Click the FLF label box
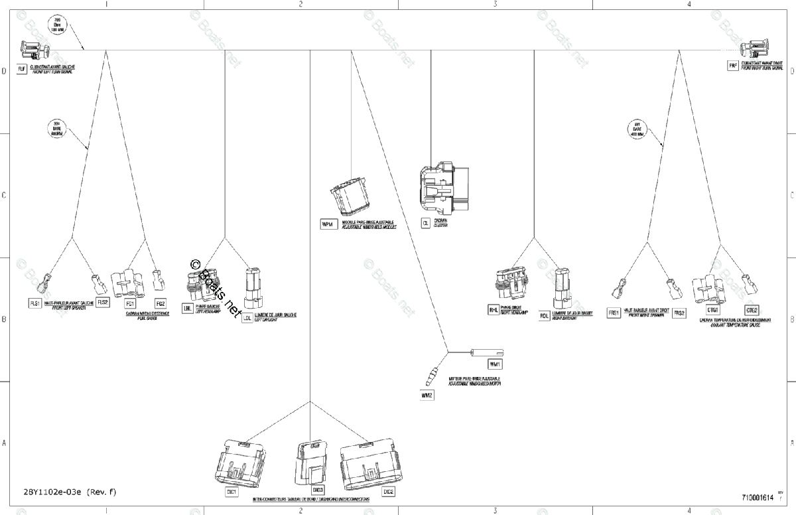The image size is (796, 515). tap(22, 68)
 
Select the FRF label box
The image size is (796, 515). tap(733, 66)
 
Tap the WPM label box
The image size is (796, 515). tap(326, 224)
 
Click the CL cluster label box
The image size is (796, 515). tap(425, 224)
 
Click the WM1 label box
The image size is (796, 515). tap(496, 364)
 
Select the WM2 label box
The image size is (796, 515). tap(427, 396)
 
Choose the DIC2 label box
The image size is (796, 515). tap(388, 492)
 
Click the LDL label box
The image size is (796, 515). tap(247, 318)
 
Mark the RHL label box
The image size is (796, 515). tap(493, 310)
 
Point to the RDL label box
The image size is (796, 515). tap(544, 315)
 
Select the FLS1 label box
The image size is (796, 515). tap(35, 303)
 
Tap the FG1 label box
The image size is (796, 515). tap(130, 303)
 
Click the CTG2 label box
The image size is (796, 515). tap(752, 310)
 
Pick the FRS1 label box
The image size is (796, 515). tap(614, 313)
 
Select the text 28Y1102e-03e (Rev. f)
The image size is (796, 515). tap(70, 492)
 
